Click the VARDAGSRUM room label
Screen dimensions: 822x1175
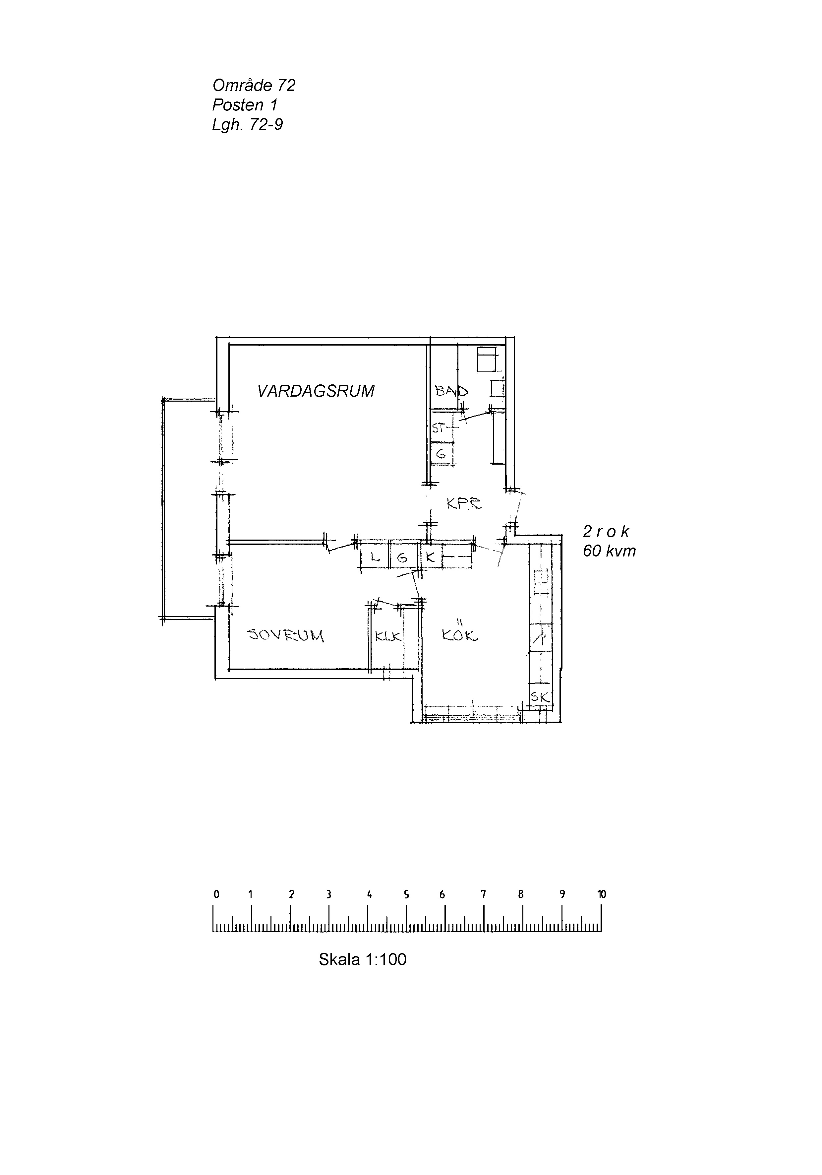pos(316,391)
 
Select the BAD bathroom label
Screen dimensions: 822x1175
pos(451,391)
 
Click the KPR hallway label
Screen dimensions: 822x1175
pos(464,504)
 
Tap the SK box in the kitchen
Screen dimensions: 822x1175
pos(541,696)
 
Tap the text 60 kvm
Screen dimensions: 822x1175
pos(609,552)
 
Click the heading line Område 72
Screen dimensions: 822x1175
pos(254,85)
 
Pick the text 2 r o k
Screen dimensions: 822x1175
pos(606,532)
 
